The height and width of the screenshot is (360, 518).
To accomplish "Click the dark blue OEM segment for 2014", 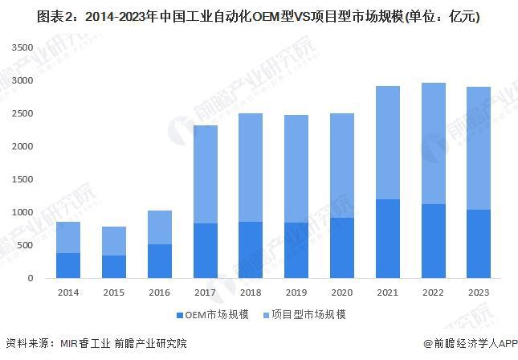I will pos(68,265).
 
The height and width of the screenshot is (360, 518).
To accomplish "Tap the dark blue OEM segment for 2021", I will pos(389,239).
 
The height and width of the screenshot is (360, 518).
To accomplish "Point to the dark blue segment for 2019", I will pos(296,250).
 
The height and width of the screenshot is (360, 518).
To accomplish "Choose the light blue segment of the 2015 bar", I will pos(114,241).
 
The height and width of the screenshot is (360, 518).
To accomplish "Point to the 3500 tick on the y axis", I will pos(22,48).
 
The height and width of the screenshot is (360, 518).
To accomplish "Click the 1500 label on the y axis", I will pos(22,180).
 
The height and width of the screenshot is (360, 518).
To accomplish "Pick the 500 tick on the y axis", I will pos(26,246).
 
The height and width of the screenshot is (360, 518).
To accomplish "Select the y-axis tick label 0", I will pos(31,278).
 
